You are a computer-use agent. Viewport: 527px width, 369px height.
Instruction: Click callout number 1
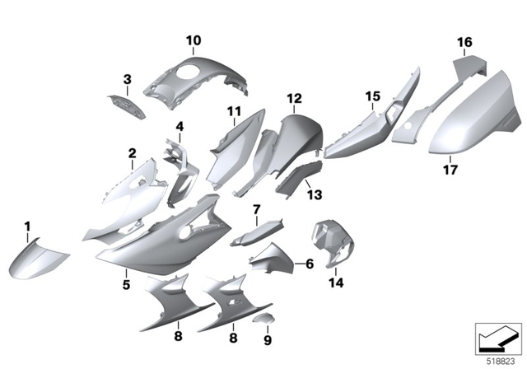coord(26,226)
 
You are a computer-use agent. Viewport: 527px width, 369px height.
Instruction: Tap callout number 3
coord(128,79)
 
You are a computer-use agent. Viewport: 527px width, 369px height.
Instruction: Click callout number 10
coord(193,39)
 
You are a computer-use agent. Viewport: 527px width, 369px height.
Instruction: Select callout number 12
coord(294,98)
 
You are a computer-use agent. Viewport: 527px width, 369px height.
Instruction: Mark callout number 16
coord(464,42)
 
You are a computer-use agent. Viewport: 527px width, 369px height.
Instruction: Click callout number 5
coord(127,284)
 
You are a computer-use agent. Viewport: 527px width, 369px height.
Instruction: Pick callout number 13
coord(315,194)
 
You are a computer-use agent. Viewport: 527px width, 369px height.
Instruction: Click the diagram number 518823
coord(497,360)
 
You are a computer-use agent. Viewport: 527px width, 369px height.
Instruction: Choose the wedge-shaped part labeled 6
coord(273,262)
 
